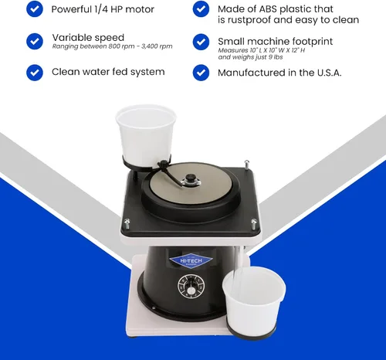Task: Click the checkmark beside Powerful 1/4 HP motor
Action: coord(35,9)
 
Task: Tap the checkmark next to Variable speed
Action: coord(35,41)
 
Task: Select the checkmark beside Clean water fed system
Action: coord(35,73)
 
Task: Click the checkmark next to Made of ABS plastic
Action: coord(201,9)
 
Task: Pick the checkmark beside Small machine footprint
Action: coord(201,42)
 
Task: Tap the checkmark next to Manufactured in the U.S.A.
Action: coord(201,73)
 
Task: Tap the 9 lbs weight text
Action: coord(276,57)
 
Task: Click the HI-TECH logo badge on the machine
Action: coord(191,261)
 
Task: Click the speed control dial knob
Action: coord(191,287)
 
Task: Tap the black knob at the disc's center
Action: coord(190,178)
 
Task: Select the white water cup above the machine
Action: coord(146,137)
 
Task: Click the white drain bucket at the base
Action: coord(254,301)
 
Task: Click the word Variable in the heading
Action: coord(72,38)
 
